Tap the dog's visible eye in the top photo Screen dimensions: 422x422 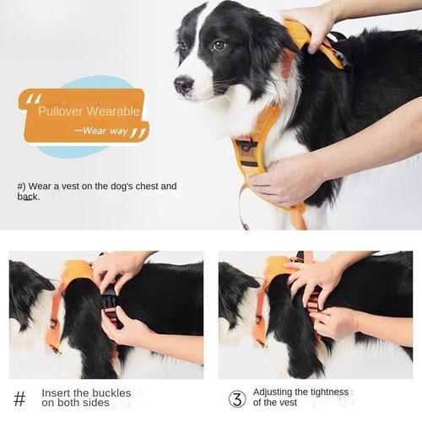tap(219, 46)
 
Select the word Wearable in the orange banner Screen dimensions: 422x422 tap(111, 110)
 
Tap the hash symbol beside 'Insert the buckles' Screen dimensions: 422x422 tap(20, 398)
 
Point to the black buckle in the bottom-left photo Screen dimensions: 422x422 tap(109, 300)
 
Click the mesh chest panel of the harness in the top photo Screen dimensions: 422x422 tap(246, 152)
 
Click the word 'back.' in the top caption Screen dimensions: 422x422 tap(28, 197)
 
